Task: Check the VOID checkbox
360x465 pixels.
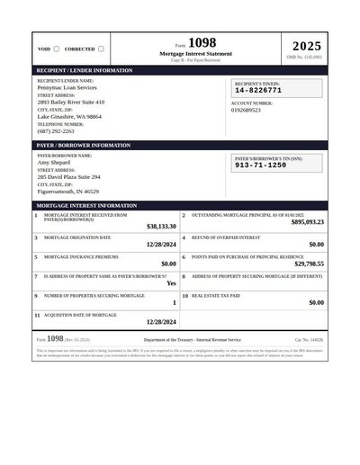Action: click(57, 49)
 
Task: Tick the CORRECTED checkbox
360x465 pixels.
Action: click(101, 49)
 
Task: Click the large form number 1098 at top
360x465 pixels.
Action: click(202, 43)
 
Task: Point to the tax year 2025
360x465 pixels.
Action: click(306, 46)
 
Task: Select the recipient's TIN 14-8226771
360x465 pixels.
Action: click(258, 91)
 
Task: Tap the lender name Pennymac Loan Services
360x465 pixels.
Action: click(67, 87)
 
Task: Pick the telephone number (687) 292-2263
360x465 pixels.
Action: click(56, 130)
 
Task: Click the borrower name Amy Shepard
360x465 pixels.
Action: click(55, 163)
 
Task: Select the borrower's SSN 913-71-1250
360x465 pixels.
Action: click(260, 165)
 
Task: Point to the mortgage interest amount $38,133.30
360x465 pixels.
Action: click(161, 227)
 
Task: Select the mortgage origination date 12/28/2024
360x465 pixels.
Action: click(161, 244)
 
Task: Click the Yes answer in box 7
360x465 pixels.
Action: click(171, 283)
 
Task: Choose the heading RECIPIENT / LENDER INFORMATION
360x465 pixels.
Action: click(84, 69)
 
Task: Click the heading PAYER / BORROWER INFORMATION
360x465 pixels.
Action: click(83, 145)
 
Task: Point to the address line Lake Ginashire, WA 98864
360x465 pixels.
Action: click(69, 116)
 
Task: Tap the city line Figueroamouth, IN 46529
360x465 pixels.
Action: click(68, 192)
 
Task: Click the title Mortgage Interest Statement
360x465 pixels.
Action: click(195, 54)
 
